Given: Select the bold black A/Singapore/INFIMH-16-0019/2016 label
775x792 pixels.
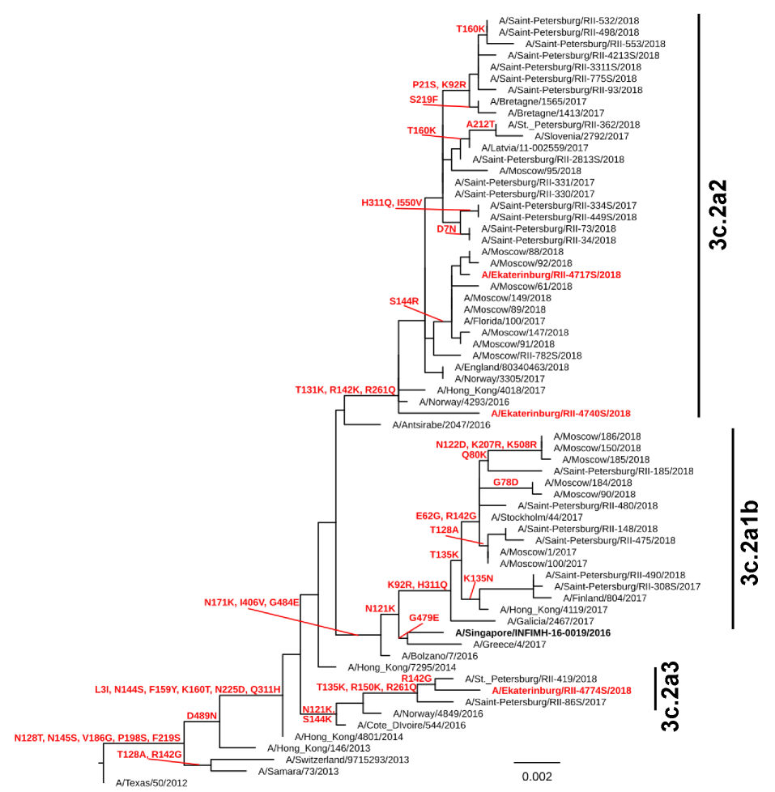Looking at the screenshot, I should click(533, 632).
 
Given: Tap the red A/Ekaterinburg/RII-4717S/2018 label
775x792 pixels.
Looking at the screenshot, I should click(551, 275).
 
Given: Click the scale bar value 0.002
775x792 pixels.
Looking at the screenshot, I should click(536, 777).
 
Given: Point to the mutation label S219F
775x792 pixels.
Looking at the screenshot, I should click(424, 100).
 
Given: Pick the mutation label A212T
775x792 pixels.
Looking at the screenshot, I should click(480, 124).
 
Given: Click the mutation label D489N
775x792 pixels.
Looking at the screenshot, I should click(202, 715).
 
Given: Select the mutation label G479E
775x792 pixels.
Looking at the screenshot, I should click(424, 617).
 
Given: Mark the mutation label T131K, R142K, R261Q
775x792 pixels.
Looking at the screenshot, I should click(346, 390).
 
